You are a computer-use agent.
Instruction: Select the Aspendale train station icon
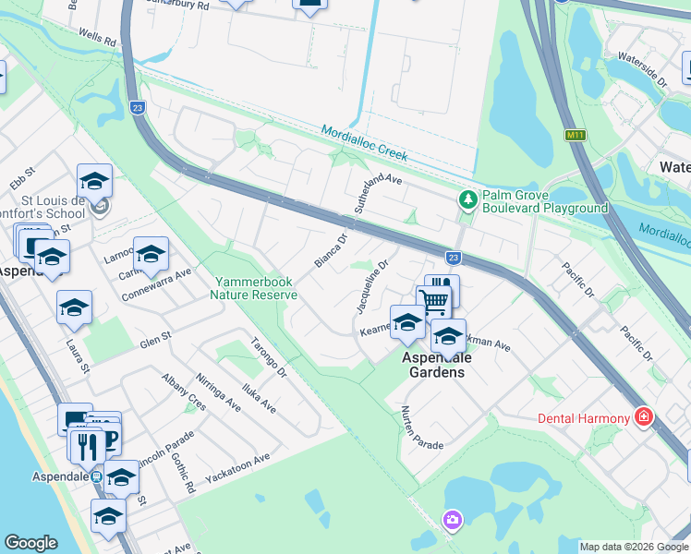click(x=95, y=476)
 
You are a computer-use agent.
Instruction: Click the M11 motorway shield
click(x=575, y=135)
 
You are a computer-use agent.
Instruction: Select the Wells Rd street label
click(x=97, y=39)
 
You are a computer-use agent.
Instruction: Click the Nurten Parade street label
click(x=421, y=428)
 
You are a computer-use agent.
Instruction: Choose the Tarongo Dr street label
click(x=269, y=359)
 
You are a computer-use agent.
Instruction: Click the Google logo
click(x=30, y=543)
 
